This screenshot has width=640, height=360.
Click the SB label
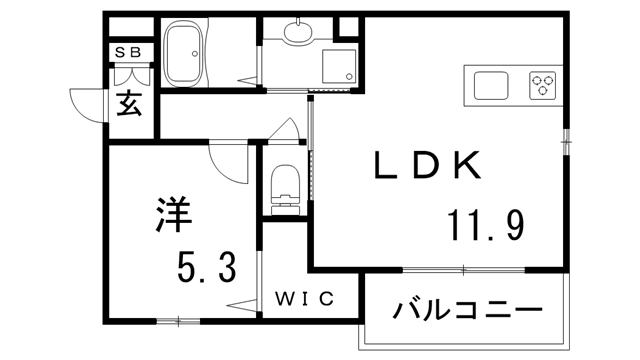(130, 53)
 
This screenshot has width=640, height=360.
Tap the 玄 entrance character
(131, 102)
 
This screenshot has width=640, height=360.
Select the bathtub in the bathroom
(186, 55)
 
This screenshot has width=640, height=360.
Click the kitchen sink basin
(491, 85)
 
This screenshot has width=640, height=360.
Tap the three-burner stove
(543, 85)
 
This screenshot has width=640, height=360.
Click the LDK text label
(429, 166)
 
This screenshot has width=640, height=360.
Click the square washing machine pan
(335, 63)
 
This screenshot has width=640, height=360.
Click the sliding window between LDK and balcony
(465, 270)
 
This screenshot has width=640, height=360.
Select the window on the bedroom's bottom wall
(180, 321)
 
